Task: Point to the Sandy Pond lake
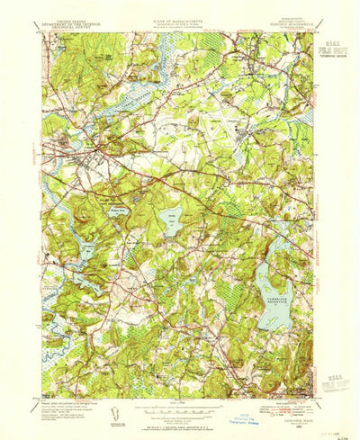(174, 220)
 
